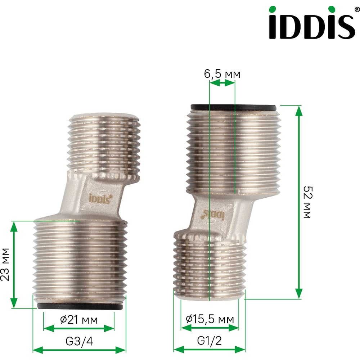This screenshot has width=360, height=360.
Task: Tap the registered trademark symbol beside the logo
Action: (357, 10)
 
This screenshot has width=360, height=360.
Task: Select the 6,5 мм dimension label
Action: (222, 74)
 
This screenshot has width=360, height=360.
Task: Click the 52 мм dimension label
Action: (308, 202)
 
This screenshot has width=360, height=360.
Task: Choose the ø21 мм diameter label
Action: (79, 320)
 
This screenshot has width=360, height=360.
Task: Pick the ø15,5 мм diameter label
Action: (210, 319)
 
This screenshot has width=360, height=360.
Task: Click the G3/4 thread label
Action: (79, 341)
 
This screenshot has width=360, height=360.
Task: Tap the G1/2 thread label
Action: (210, 341)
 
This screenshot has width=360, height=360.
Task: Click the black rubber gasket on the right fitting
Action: (233, 107)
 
